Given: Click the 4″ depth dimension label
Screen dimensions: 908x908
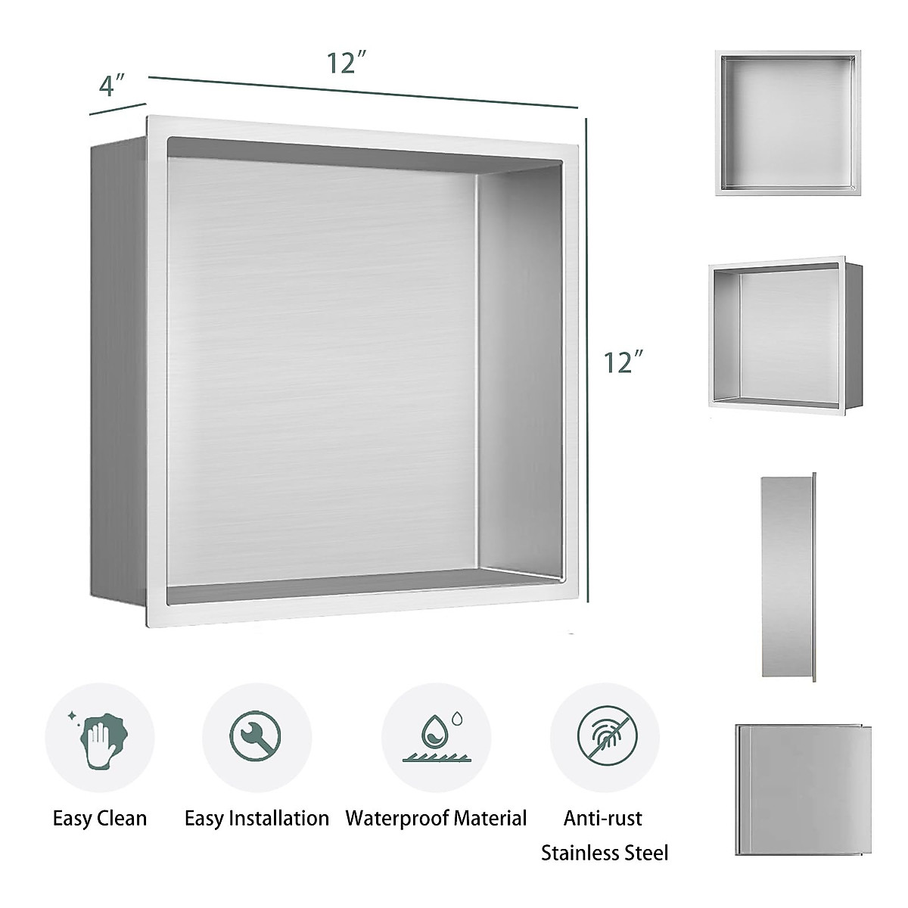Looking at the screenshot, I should [111, 84].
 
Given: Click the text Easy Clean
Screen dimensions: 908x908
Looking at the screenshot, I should [100, 818].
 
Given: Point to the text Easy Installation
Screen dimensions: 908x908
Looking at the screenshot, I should [257, 818].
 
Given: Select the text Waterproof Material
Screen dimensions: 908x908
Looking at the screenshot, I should [436, 818].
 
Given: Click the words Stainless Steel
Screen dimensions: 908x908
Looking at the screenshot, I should [605, 854].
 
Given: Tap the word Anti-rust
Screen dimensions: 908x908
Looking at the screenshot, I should [603, 818].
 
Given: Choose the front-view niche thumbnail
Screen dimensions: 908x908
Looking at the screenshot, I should [788, 125].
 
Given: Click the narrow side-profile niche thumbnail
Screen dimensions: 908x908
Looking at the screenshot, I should [788, 579].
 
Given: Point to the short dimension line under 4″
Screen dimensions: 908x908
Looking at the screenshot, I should [117, 108].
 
